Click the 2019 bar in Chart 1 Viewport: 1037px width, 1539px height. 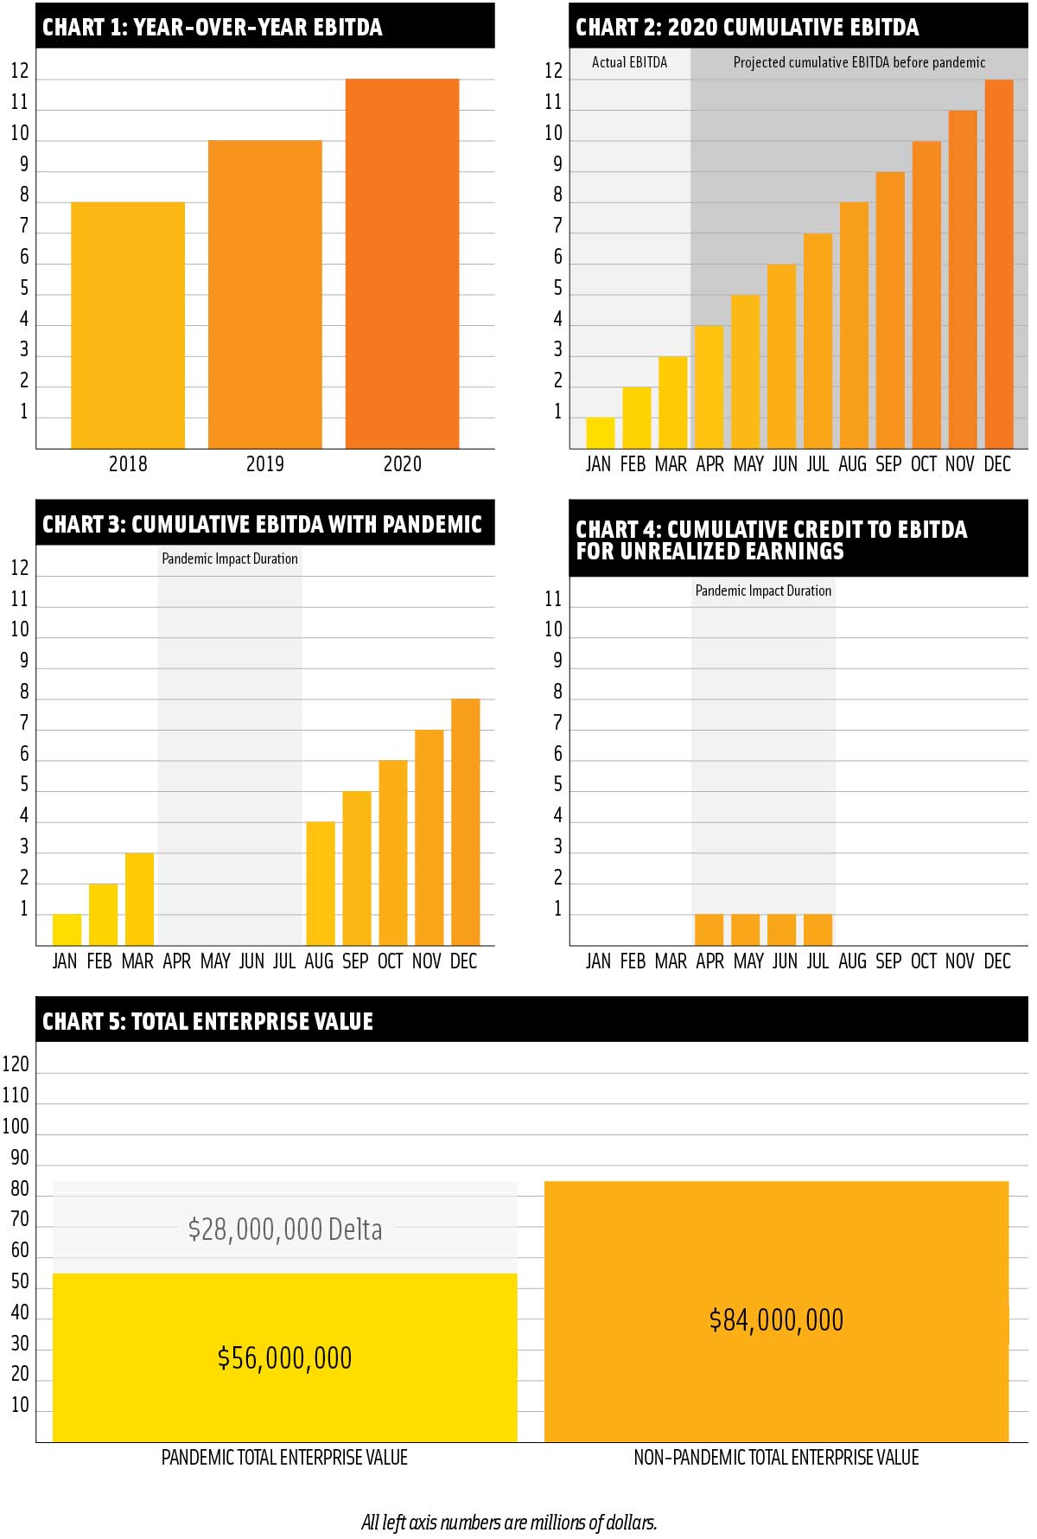click(x=264, y=294)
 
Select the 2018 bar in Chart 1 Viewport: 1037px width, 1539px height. click(x=128, y=325)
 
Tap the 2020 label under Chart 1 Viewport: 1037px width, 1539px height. click(x=402, y=464)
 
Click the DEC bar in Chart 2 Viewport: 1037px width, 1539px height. click(x=999, y=264)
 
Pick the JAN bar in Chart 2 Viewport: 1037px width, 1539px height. click(x=601, y=433)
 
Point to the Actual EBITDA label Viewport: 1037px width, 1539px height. click(x=629, y=62)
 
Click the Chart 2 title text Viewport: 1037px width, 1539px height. click(x=747, y=27)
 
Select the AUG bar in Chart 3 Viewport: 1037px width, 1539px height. click(x=321, y=884)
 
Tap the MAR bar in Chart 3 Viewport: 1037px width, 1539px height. click(x=139, y=899)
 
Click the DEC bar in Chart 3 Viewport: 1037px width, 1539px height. click(x=465, y=821)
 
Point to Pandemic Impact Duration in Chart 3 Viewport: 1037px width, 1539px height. click(x=230, y=559)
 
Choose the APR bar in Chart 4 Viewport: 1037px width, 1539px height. click(x=709, y=929)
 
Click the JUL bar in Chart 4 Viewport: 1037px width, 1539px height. click(x=818, y=929)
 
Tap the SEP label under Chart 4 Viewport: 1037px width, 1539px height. click(x=888, y=961)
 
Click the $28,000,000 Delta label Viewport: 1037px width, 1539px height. click(x=284, y=1229)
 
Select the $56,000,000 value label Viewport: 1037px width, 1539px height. click(x=284, y=1357)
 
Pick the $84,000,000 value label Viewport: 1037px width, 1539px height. click(x=776, y=1319)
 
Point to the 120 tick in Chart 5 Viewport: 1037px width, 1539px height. click(x=16, y=1064)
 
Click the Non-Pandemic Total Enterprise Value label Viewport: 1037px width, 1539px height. click(x=776, y=1458)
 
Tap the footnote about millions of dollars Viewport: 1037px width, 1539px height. click(x=509, y=1522)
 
